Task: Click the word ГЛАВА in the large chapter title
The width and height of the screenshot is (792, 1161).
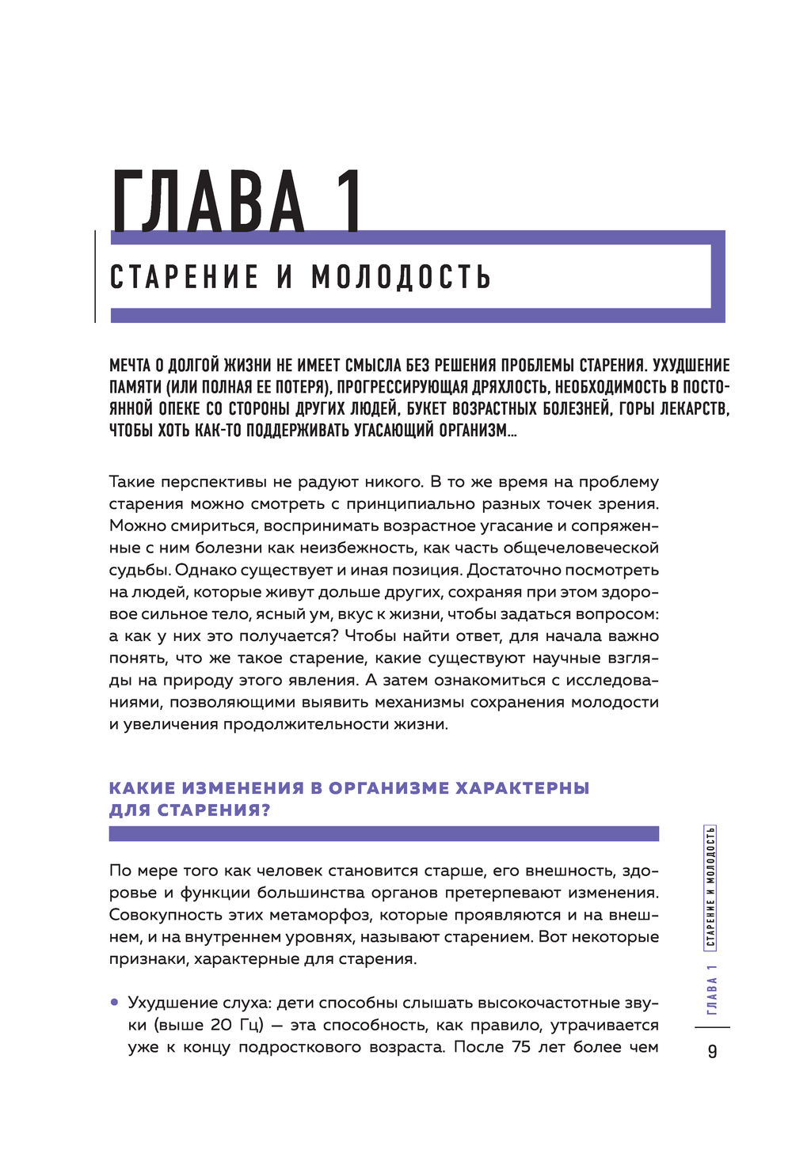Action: (x=208, y=202)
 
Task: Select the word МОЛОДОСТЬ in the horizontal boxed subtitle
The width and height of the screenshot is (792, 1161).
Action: (x=402, y=277)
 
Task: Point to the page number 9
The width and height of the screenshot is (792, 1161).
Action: (x=712, y=1051)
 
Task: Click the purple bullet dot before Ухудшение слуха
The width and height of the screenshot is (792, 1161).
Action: (x=114, y=1002)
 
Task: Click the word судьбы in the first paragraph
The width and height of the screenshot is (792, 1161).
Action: (x=139, y=570)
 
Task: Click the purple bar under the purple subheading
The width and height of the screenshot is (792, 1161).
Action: (x=383, y=833)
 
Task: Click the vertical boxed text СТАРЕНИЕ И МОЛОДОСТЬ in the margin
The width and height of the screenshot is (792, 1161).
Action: (x=710, y=886)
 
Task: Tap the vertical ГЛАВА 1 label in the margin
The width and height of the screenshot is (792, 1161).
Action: (x=711, y=990)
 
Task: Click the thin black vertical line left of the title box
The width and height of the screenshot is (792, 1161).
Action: (x=95, y=276)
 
